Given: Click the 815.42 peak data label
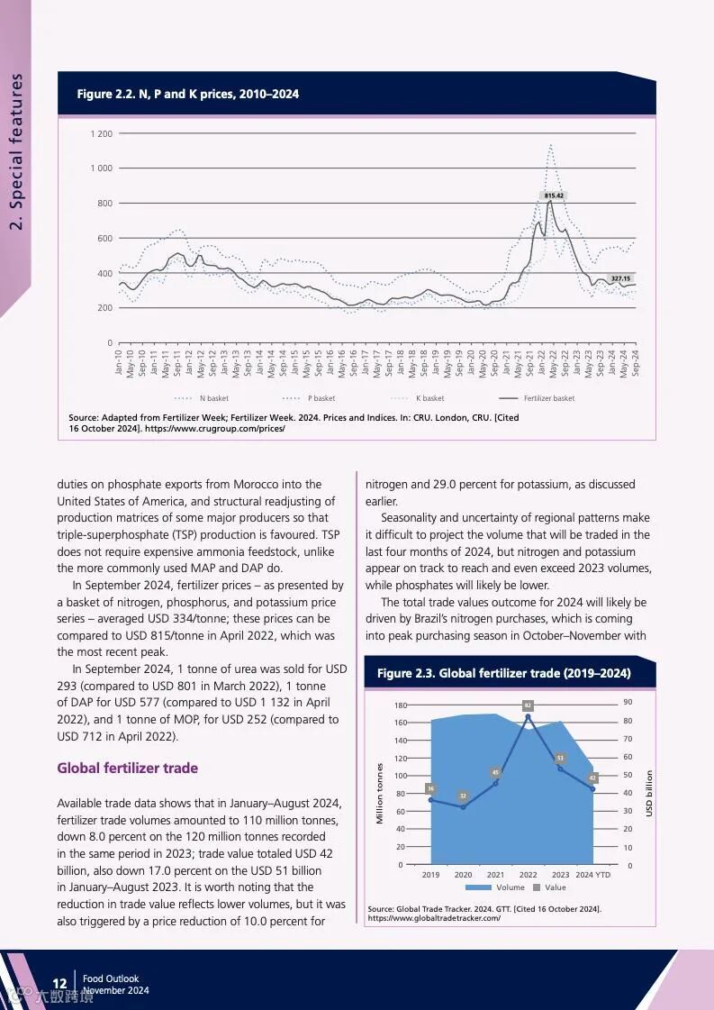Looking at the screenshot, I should (554, 196).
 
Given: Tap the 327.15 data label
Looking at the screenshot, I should (620, 278).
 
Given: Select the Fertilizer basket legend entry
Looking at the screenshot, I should (548, 398).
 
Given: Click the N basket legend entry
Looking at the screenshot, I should (213, 398).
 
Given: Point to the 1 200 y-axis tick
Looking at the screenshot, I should (101, 134).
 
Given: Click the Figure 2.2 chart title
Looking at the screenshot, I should (188, 94).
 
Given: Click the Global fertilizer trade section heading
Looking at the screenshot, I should (127, 769).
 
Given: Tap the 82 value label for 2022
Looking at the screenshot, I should (528, 705).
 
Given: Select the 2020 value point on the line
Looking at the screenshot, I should (463, 806).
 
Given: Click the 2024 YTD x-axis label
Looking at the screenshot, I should (592, 875).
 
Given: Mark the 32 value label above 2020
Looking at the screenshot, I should (463, 796).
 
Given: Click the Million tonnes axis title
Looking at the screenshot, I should (380, 793).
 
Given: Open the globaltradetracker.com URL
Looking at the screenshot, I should (434, 918).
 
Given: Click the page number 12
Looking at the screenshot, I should (59, 983).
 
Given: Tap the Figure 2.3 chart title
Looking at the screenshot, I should (503, 674).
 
